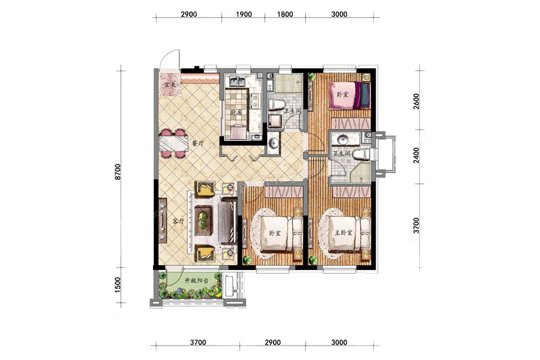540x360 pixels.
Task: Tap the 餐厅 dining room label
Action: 197,143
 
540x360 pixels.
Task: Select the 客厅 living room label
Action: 178,221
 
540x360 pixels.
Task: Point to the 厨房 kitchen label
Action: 236,112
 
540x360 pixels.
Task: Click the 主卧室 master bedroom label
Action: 344,233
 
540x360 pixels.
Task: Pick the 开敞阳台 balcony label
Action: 197,281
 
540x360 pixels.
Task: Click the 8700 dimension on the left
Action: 118,172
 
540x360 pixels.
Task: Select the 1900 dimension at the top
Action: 244,14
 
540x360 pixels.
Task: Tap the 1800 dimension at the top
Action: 285,14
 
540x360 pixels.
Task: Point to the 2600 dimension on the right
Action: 416,101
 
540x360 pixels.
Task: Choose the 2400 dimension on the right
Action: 416,155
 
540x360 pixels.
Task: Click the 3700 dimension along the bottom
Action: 198,343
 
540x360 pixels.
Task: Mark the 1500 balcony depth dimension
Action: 118,285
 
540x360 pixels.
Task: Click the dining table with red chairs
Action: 173,143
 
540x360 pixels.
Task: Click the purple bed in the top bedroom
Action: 349,95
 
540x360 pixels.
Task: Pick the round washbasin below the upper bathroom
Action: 274,143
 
